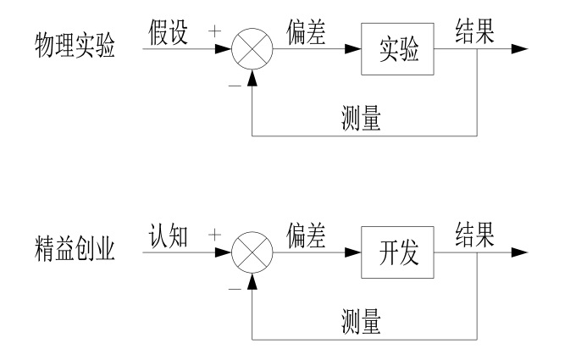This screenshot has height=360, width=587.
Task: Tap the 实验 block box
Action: click(x=397, y=49)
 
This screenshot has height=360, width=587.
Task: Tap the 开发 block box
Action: click(x=397, y=252)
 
